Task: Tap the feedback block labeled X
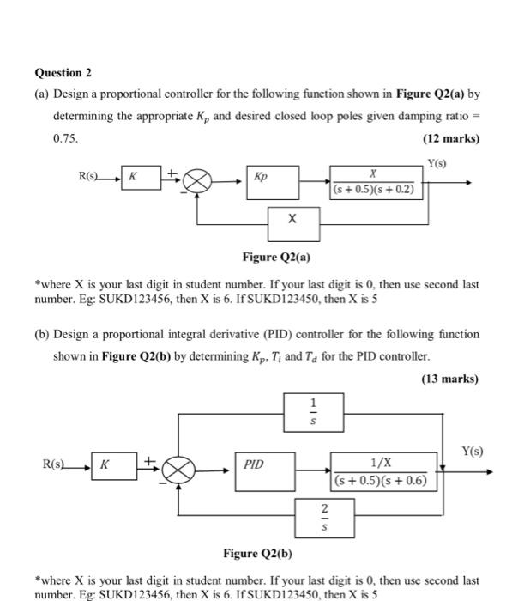293,222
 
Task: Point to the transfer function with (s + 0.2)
376,182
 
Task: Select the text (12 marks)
451,138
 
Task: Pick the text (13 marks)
451,379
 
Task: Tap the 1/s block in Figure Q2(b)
313,412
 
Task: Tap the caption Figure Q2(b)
257,553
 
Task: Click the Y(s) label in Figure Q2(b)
472,451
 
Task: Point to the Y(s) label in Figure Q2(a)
437,163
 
